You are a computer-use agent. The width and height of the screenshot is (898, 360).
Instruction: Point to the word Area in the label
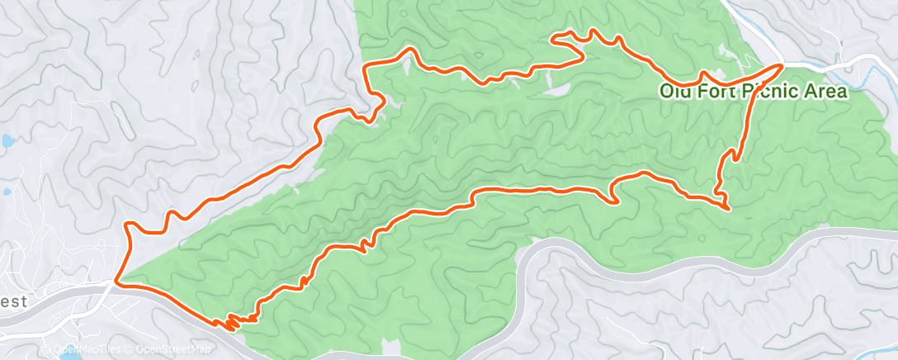[x=829, y=92]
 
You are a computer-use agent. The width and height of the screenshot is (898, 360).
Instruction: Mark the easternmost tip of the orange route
[x=781, y=64]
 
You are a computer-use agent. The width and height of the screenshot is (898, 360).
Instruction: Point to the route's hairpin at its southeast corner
[x=726, y=206]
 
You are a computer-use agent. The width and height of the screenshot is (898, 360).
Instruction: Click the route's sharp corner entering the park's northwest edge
[x=366, y=66]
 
